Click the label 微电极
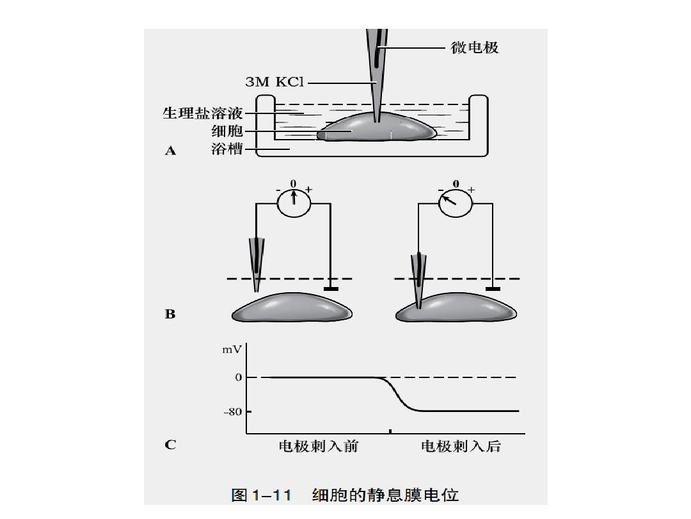(x=475, y=47)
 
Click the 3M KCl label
(x=275, y=82)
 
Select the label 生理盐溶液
(x=202, y=113)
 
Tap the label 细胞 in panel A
(x=227, y=131)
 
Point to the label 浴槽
(x=227, y=151)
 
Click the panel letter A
(x=170, y=151)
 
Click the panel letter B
(x=170, y=315)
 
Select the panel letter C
(x=170, y=444)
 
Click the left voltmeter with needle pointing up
(x=294, y=203)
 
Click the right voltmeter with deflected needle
(x=456, y=203)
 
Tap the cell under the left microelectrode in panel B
(x=292, y=308)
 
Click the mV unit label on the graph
(x=232, y=350)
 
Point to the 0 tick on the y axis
(x=238, y=377)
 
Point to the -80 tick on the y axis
(x=233, y=411)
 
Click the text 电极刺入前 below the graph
(x=318, y=447)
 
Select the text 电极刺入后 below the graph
(x=460, y=447)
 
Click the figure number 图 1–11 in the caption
(x=261, y=495)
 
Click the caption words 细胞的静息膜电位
(x=385, y=495)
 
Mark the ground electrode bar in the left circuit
(x=331, y=289)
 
